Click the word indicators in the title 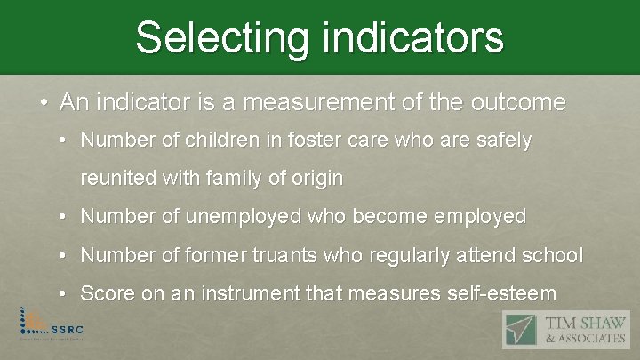tap(412, 37)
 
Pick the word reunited tap(118, 178)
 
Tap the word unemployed tap(217, 216)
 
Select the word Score tap(105, 293)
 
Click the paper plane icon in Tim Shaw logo tap(519, 330)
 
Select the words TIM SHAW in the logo tap(583, 323)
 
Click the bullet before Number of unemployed tap(68, 216)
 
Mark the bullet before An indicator tap(44, 102)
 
